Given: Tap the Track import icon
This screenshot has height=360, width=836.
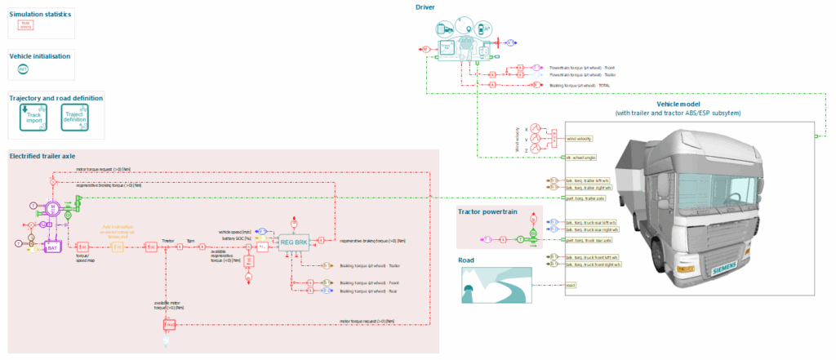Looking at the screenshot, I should coord(33,119).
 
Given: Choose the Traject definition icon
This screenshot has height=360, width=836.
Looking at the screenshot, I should coord(75,119).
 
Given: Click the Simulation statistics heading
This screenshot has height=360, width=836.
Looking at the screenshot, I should coord(39,15).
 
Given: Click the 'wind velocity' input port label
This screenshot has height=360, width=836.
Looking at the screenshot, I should coord(579,139).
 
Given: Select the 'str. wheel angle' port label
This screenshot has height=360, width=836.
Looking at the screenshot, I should coord(581,157).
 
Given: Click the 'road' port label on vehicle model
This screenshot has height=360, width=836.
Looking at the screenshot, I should coord(571,285).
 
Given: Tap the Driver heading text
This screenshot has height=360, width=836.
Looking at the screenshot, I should coord(425,7).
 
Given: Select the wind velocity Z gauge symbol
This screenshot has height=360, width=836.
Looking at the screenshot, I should coord(536,149).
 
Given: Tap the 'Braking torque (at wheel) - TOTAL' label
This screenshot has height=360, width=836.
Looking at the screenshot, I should coord(579,85).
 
